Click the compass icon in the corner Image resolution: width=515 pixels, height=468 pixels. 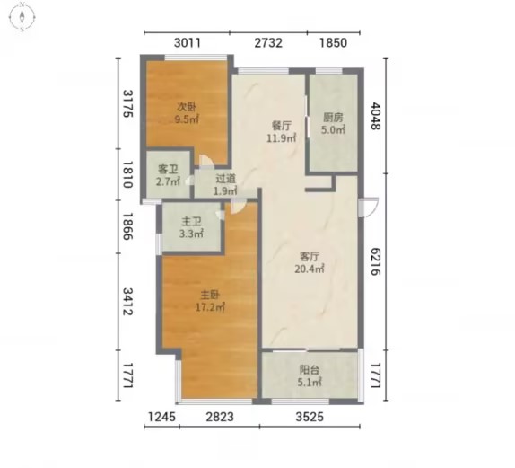(x=22, y=16)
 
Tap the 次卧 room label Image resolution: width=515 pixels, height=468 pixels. (x=187, y=107)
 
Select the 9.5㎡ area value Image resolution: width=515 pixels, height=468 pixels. (x=187, y=119)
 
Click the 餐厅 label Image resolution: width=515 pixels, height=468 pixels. (x=282, y=126)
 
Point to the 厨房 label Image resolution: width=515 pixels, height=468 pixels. (x=333, y=117)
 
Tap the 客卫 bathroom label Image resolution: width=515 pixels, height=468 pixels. (x=168, y=169)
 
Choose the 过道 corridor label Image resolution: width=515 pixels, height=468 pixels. (x=225, y=178)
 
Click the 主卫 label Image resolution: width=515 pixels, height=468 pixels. (x=191, y=221)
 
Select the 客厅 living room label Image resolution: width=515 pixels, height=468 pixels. (x=310, y=256)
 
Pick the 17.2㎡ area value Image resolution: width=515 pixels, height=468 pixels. (x=210, y=307)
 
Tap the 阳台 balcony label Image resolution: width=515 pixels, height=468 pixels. (x=310, y=370)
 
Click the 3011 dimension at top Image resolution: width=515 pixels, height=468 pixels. (x=188, y=43)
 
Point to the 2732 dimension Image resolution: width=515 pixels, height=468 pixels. (x=268, y=43)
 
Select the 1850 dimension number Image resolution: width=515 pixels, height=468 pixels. (x=334, y=43)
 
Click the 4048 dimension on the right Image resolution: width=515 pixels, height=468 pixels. (x=376, y=116)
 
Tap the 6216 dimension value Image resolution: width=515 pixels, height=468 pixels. (x=376, y=261)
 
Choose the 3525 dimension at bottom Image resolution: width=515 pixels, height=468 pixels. (x=310, y=417)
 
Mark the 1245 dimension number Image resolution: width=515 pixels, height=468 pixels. (x=161, y=417)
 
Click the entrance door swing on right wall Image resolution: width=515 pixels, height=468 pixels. (x=369, y=208)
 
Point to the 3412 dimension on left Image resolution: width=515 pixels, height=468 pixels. (x=127, y=301)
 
